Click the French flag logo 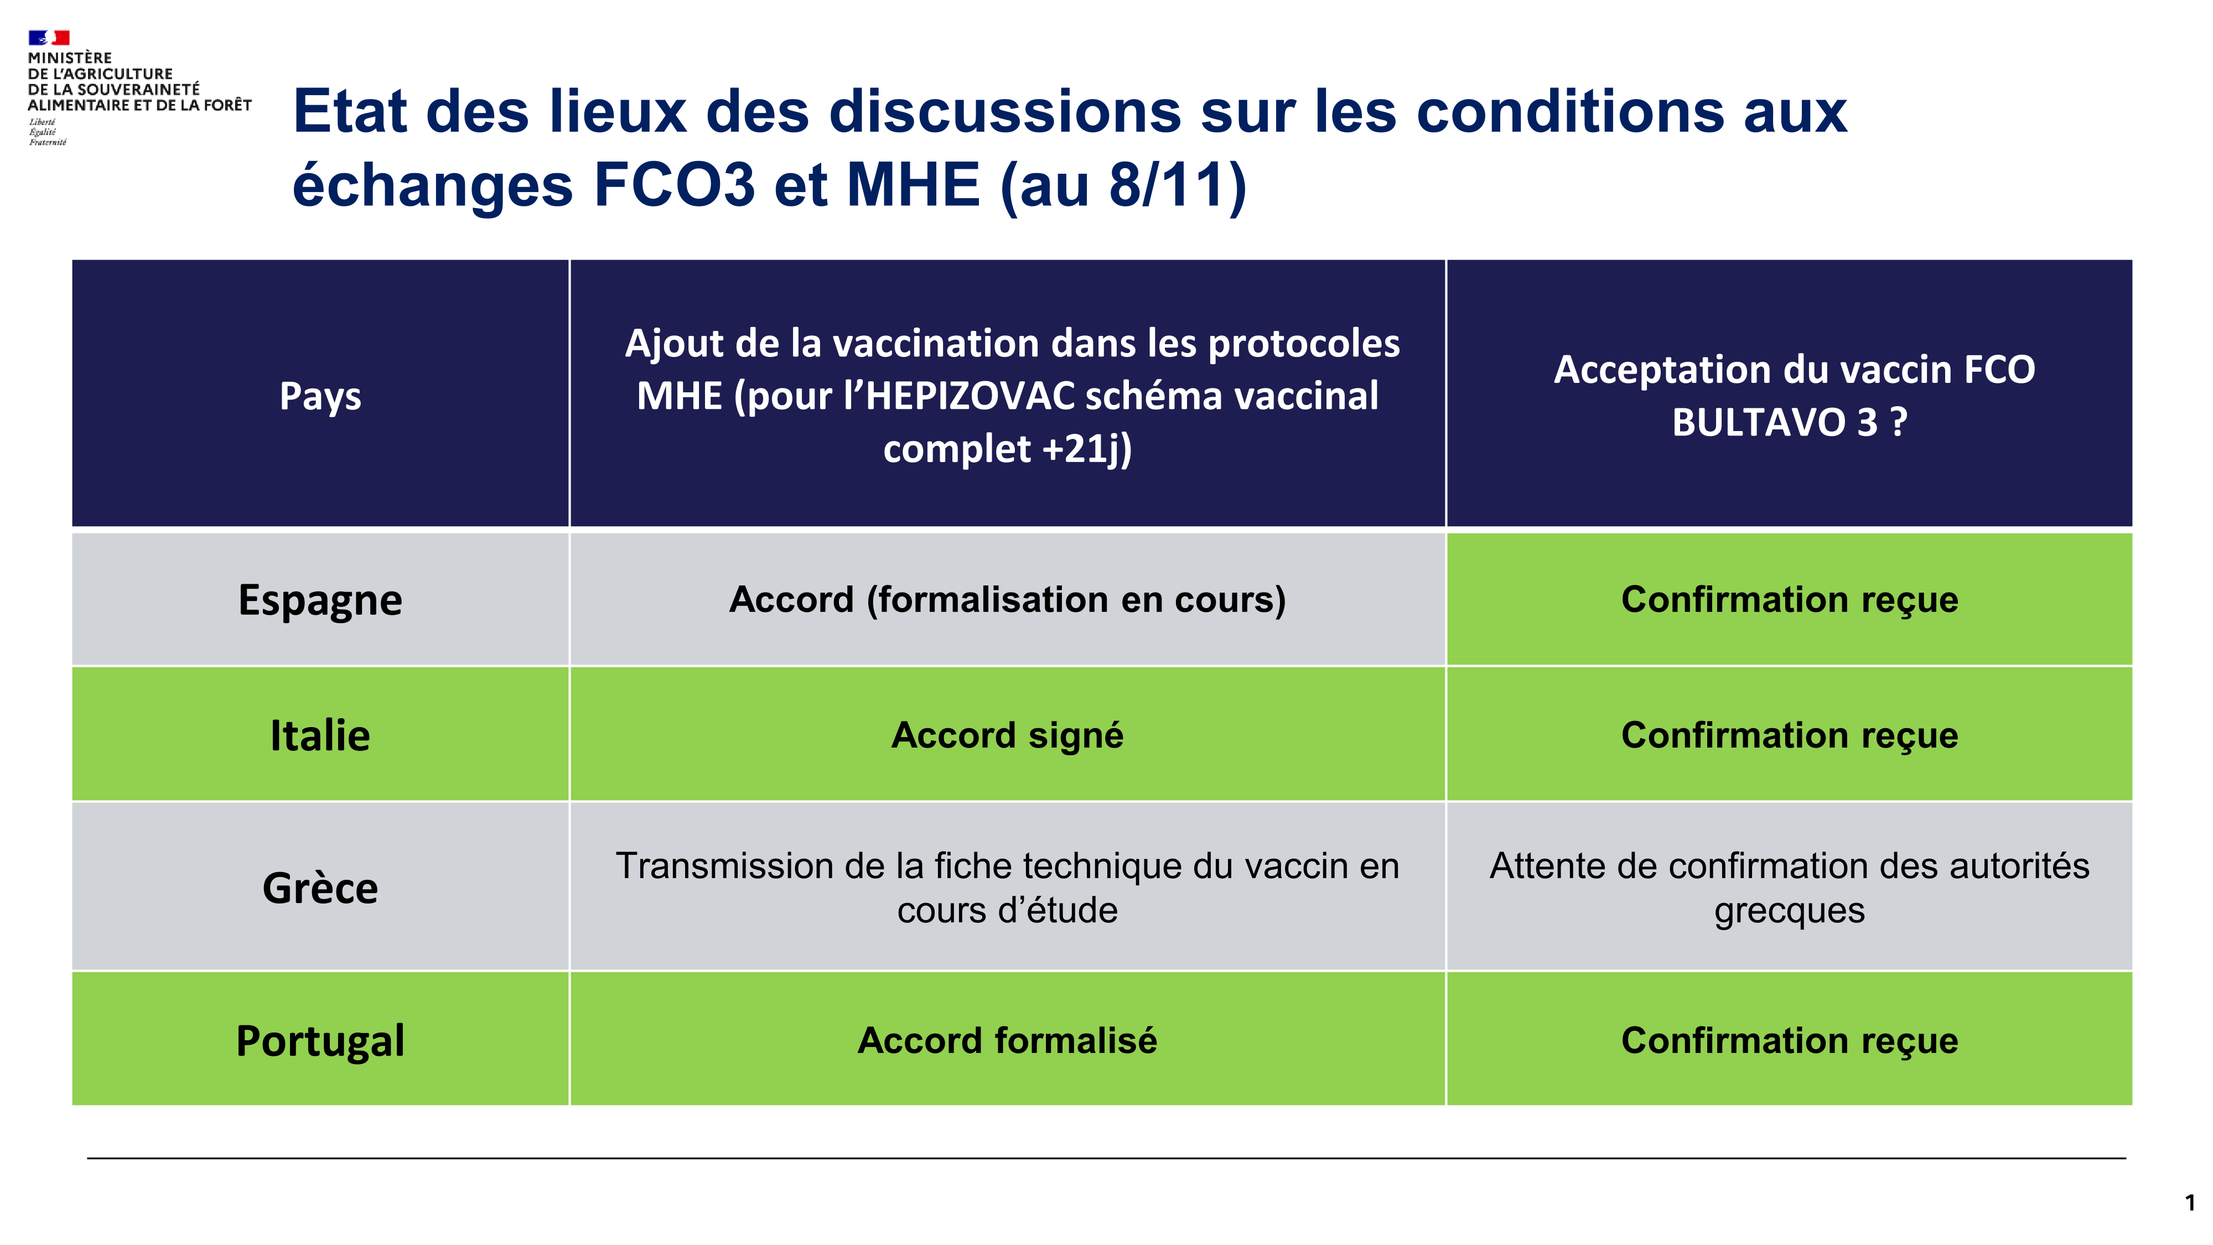click(48, 37)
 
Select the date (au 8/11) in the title click(1124, 185)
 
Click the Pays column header click(320, 396)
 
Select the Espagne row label click(320, 600)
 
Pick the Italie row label click(320, 735)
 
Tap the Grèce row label click(320, 888)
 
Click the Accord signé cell click(1008, 735)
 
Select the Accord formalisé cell click(1008, 1040)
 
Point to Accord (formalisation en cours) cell click(1008, 600)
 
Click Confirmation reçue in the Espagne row click(1790, 600)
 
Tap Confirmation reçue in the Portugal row click(1790, 1040)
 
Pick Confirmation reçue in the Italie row click(1790, 735)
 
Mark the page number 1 click(2190, 1203)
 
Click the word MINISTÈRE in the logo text click(70, 58)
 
